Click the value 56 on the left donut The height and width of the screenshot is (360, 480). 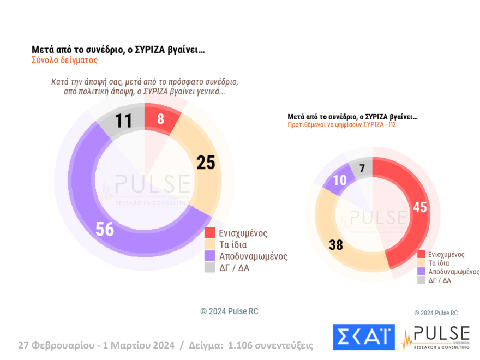pyautogui.click(x=104, y=229)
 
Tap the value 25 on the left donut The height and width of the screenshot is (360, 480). pyautogui.click(x=206, y=163)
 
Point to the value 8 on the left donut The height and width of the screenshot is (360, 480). pyautogui.click(x=160, y=119)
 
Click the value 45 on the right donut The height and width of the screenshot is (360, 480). pyautogui.click(x=419, y=208)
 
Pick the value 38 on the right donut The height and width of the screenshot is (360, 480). pyautogui.click(x=336, y=245)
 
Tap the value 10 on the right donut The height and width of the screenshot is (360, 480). pyautogui.click(x=340, y=181)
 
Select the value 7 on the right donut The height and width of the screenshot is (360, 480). pyautogui.click(x=362, y=168)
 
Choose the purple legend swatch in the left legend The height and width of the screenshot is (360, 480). pyautogui.click(x=210, y=256)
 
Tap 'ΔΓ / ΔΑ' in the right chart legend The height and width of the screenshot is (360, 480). pyautogui.click(x=440, y=280)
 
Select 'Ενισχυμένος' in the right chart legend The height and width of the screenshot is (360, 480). pyautogui.click(x=446, y=254)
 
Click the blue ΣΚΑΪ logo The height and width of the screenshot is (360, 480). pyautogui.click(x=364, y=338)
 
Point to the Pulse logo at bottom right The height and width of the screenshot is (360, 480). pyautogui.click(x=435, y=338)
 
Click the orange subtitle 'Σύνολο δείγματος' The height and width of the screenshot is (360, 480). pyautogui.click(x=64, y=61)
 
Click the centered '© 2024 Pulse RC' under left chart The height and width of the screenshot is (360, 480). pyautogui.click(x=229, y=311)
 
